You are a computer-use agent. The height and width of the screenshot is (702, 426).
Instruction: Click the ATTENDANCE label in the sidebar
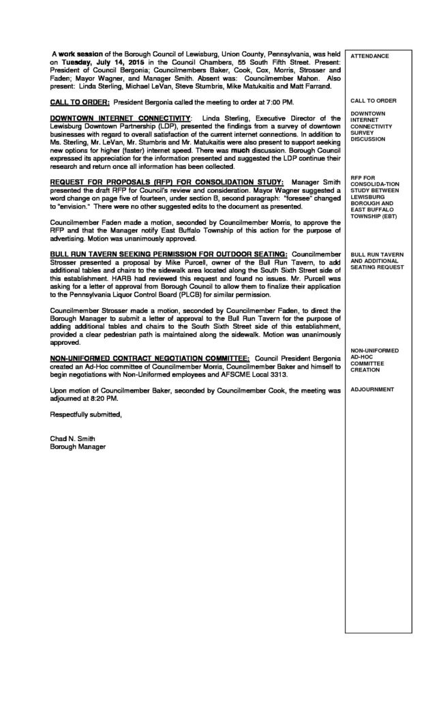[x=371, y=56]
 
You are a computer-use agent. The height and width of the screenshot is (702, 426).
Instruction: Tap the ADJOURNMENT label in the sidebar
[x=371, y=389]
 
